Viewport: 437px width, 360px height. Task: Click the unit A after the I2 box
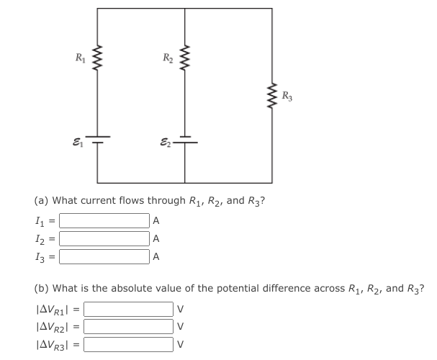156,238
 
